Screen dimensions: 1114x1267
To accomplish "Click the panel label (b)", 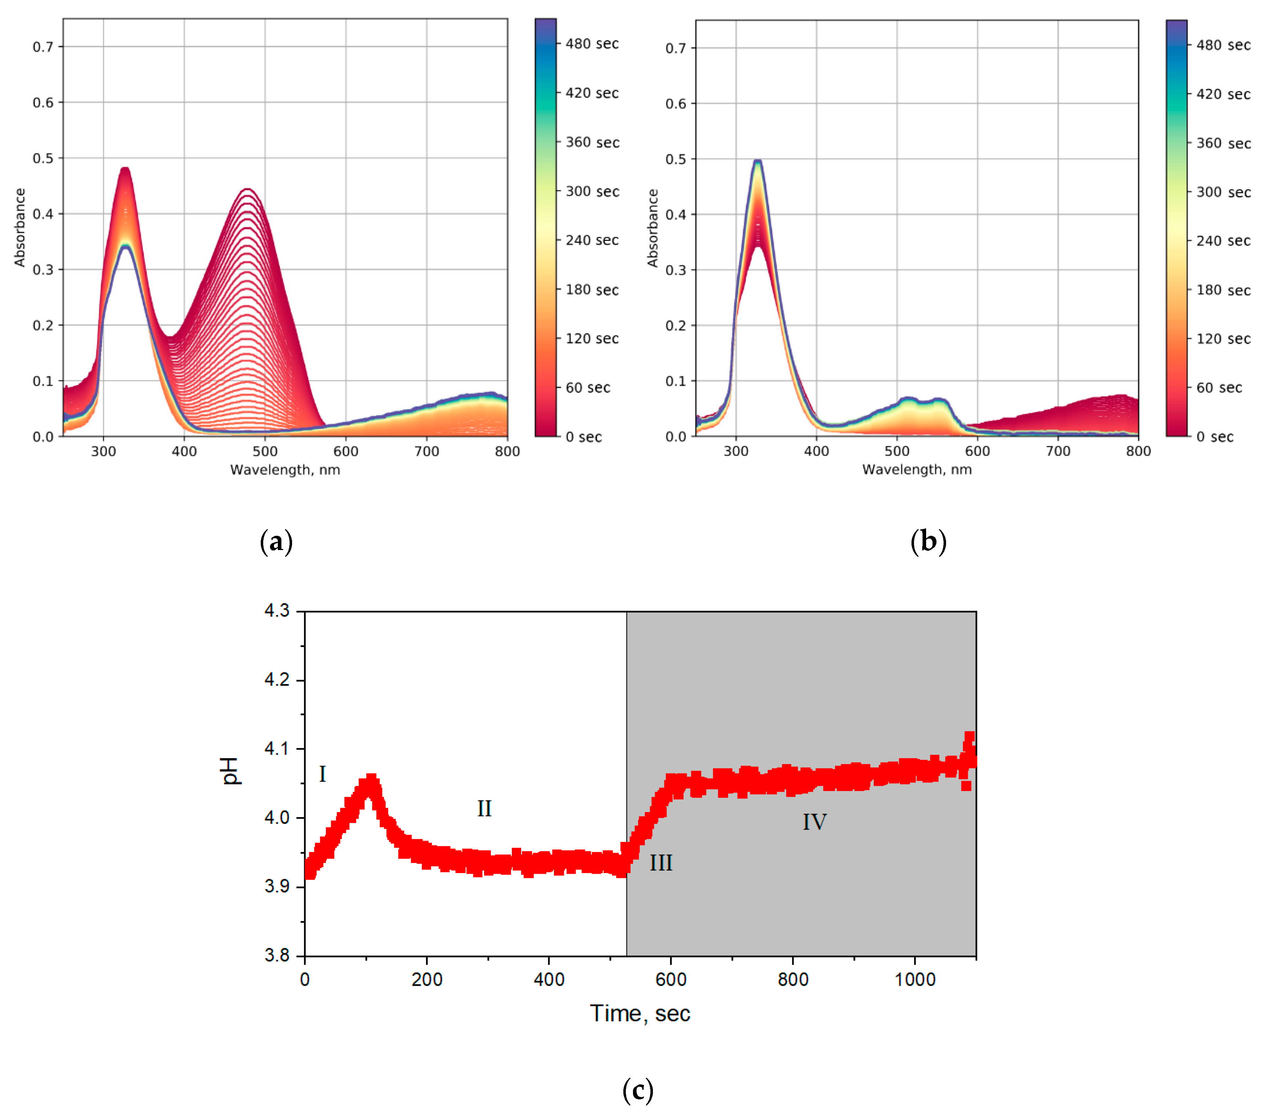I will pos(928,541).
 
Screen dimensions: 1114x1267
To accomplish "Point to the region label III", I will pos(661,863).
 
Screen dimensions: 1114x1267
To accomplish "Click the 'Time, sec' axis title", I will pos(640,1013).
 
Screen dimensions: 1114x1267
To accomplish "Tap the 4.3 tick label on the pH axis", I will pos(277,611).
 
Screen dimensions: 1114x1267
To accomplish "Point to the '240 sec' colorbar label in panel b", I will pos(1223,241).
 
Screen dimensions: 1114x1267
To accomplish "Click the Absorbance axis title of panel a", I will pos(20,228).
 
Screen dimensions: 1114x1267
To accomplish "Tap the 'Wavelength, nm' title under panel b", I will pos(917,469).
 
